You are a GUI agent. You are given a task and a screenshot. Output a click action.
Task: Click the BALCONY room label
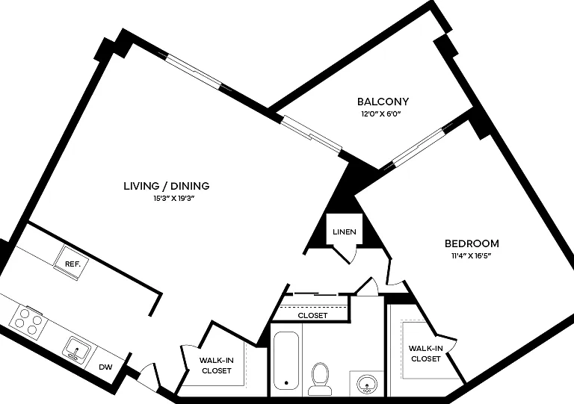tap(383, 102)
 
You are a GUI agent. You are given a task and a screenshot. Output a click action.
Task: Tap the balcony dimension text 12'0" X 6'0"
tap(381, 114)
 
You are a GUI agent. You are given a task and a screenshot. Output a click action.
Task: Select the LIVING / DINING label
tap(167, 186)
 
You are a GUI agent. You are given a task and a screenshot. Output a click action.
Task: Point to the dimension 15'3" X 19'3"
tap(173, 199)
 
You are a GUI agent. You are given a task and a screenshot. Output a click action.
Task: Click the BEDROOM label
tap(472, 243)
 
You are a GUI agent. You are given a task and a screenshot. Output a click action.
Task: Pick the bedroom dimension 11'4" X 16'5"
tap(471, 255)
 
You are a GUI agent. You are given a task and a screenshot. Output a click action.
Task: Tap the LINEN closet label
tap(345, 231)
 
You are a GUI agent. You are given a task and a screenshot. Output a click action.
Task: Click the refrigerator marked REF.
tap(72, 264)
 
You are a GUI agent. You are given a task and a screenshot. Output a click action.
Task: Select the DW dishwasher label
tap(105, 367)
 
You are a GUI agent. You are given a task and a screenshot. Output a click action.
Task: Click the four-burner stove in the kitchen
tap(28, 321)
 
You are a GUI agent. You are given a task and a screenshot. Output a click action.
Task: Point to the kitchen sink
tap(77, 349)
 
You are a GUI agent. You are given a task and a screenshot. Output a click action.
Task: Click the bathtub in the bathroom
tap(286, 361)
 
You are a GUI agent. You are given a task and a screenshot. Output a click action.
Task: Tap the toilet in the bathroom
tap(320, 379)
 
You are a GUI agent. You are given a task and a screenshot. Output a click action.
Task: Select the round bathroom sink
tap(366, 385)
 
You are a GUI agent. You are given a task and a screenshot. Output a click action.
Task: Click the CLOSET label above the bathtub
tap(312, 316)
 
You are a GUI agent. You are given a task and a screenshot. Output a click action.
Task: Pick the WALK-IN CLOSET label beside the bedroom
tap(425, 353)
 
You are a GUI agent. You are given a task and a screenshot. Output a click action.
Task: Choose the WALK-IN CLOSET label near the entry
tap(216, 365)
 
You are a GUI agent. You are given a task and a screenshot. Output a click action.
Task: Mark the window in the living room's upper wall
tap(195, 72)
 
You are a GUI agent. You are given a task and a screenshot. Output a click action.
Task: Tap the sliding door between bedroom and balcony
tap(419, 146)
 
